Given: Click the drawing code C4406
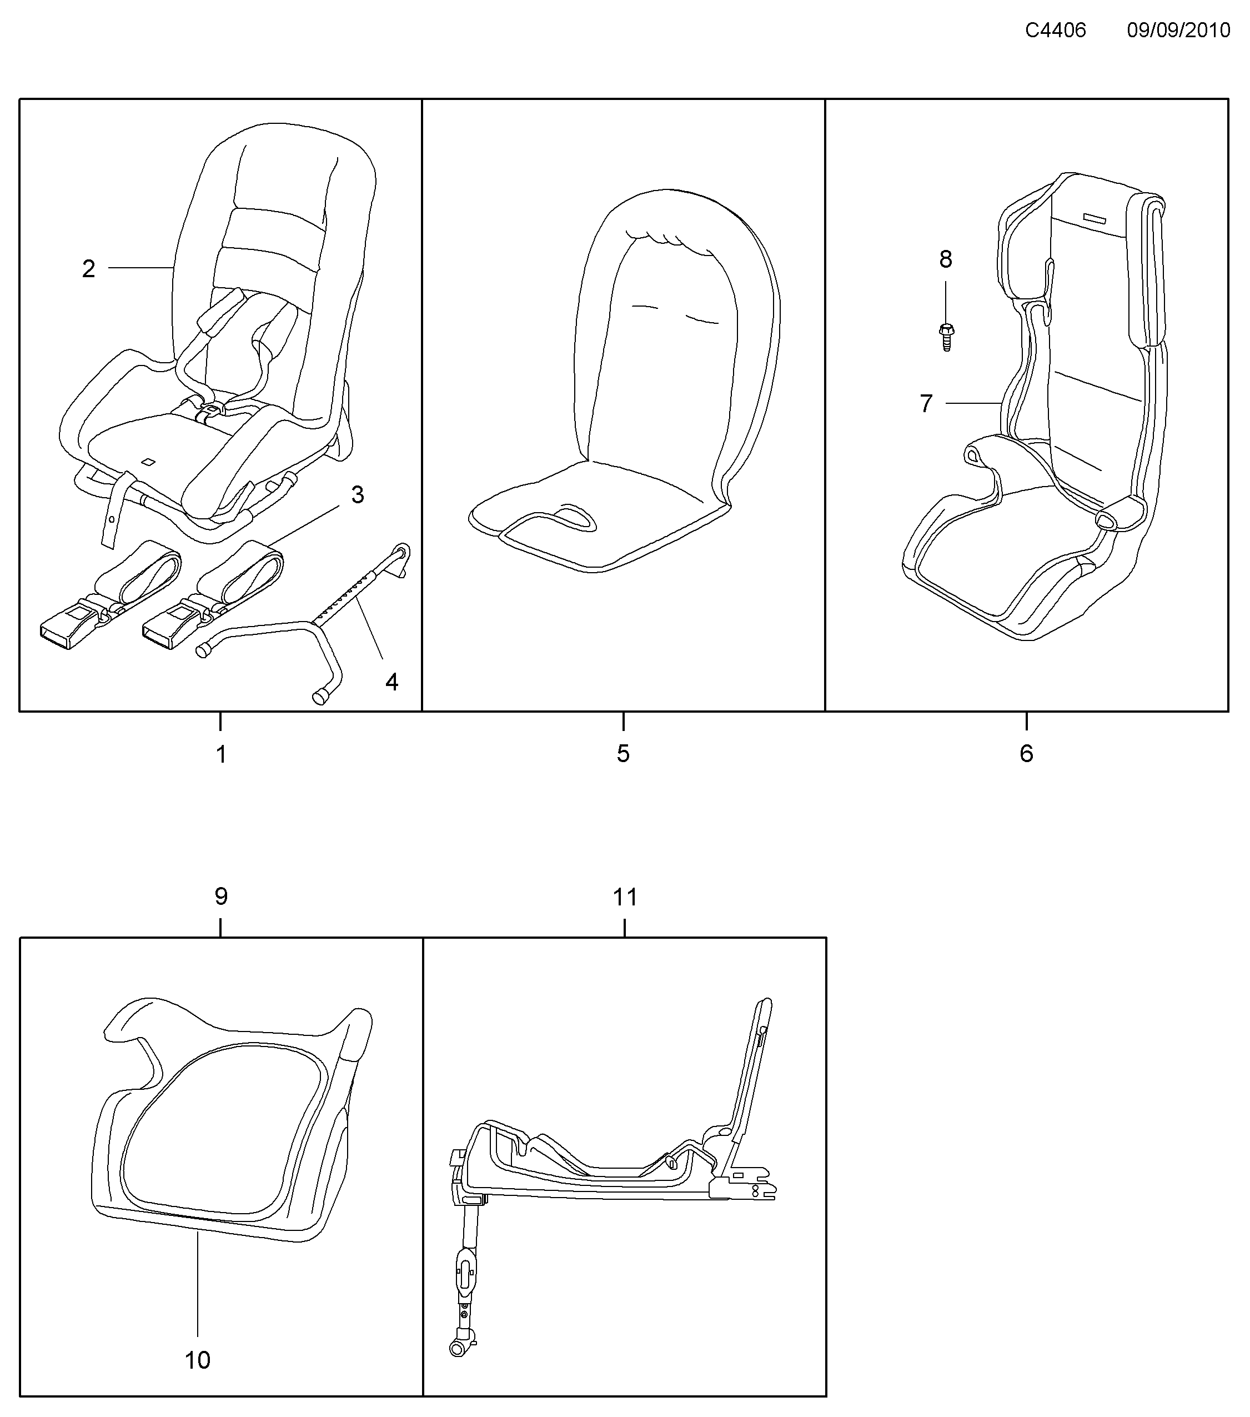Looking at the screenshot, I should [x=1055, y=31].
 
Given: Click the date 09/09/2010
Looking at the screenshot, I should [x=1178, y=31].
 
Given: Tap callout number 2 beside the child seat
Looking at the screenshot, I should [x=88, y=269].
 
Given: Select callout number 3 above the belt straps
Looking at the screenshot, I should [x=358, y=495].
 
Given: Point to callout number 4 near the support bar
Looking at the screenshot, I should [x=391, y=682].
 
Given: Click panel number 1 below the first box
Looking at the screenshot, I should [x=221, y=754].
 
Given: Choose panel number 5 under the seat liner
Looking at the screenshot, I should [x=623, y=754].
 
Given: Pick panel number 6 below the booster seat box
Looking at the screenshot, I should [x=1026, y=754].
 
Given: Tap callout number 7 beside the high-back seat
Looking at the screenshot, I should [x=926, y=403].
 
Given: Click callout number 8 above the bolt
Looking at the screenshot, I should [x=946, y=260].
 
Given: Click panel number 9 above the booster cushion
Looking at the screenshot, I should [x=221, y=897].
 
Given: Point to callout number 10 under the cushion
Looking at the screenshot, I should [x=198, y=1360].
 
